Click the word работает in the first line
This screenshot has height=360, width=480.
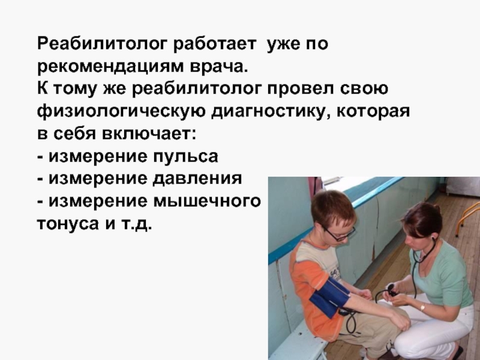pyautogui.click(x=214, y=44)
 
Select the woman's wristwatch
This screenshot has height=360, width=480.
pyautogui.click(x=422, y=307)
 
